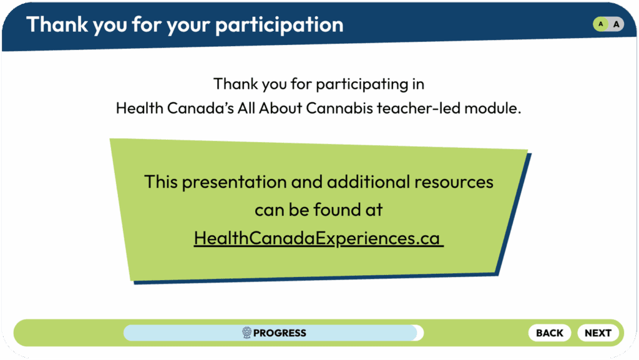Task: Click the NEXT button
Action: pos(598,333)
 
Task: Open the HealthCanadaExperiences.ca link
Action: pos(318,238)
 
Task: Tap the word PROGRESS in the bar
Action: pos(280,333)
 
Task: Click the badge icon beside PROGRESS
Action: pos(246,333)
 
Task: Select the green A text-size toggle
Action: pos(601,24)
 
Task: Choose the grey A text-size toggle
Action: pos(616,24)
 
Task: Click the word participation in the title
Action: pos(279,25)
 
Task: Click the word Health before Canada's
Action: pos(139,109)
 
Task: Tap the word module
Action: pos(493,109)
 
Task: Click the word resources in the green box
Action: pos(454,182)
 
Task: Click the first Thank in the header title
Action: pos(57,24)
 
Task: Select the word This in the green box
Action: pos(161,182)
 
